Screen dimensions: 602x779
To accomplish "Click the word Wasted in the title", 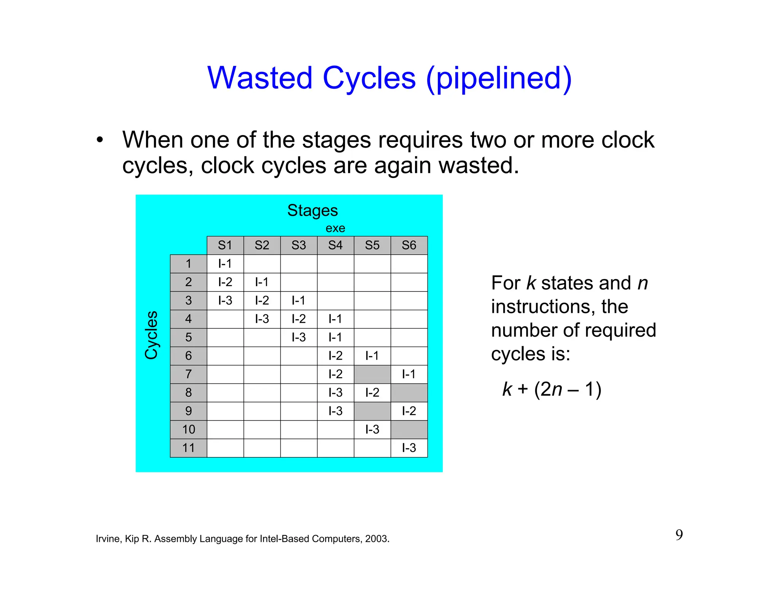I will point(260,78).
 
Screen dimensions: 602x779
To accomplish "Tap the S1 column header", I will point(225,245).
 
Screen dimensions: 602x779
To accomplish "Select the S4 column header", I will point(335,245).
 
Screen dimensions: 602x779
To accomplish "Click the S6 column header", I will point(409,245).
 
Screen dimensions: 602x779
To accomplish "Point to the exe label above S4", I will point(335,228).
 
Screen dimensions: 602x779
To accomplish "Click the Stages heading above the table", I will point(312,210).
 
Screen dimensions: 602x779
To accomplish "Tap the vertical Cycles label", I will point(151,335).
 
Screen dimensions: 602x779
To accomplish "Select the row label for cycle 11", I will point(188,448).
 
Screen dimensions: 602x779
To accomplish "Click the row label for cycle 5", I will point(188,338).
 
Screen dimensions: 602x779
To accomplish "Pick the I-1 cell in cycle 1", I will point(225,264).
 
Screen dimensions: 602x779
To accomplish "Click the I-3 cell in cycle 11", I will point(409,448).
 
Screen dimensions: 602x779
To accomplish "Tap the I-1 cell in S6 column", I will point(409,374).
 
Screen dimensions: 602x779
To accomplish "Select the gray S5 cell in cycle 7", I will point(372,374).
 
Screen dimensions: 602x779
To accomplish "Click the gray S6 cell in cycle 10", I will point(409,430).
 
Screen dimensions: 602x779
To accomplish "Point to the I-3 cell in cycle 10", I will point(372,430).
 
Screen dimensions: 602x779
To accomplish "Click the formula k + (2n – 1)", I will point(552,389).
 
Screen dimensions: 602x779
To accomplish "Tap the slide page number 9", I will point(679,535).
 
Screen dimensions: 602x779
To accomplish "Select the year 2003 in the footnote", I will point(377,539).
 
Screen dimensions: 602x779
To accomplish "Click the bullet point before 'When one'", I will point(100,140).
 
